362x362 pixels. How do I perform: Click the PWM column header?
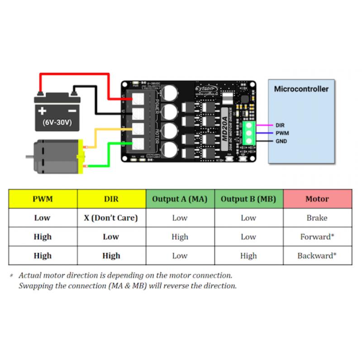43,199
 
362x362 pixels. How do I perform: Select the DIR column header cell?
111,199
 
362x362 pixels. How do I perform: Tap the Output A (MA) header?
180,199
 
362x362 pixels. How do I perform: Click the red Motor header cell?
317,199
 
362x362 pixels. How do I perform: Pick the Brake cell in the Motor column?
317,218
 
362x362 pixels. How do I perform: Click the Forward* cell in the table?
317,237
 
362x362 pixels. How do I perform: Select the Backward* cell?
317,256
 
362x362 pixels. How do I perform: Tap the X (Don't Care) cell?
111,218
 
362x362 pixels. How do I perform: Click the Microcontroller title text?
301,89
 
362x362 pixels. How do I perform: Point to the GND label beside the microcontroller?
281,141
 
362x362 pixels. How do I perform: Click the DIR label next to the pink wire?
280,125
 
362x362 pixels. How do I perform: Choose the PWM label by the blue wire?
282,133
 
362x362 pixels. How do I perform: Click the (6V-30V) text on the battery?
57,122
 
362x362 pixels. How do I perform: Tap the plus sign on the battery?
42,110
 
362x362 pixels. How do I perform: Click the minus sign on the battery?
71,111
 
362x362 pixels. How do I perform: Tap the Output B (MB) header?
248,199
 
